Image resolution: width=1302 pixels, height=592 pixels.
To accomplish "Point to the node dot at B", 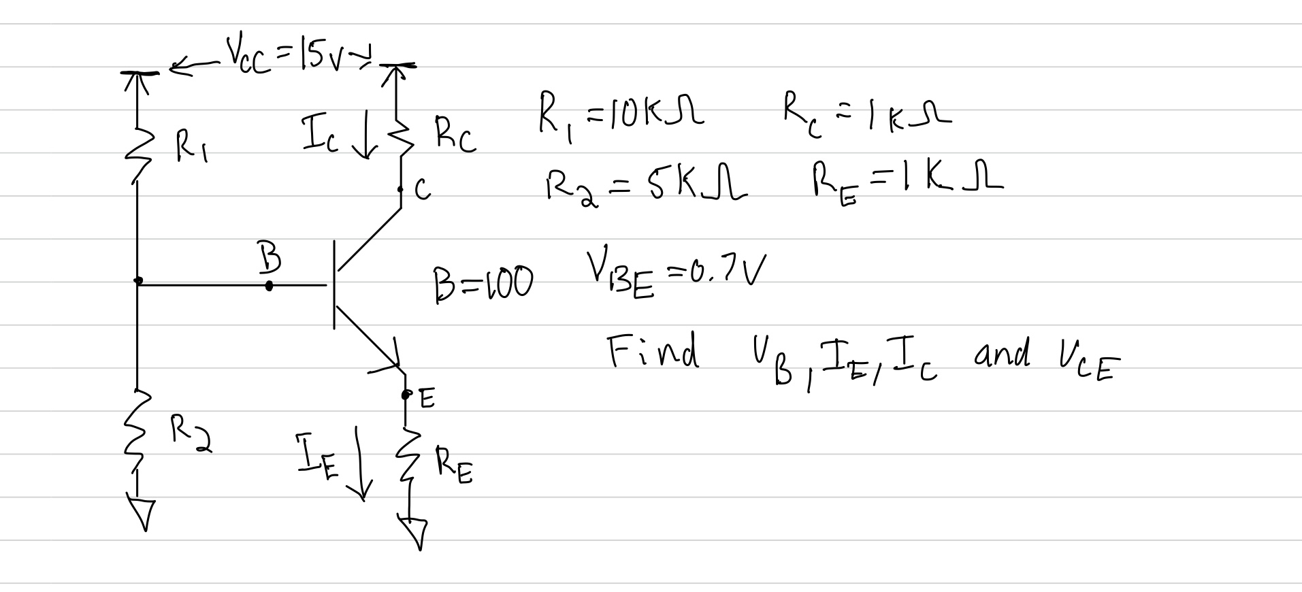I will [x=269, y=286].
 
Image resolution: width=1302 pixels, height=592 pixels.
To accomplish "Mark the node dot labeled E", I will [x=406, y=394].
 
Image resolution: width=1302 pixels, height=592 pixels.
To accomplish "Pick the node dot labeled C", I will [x=402, y=189].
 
